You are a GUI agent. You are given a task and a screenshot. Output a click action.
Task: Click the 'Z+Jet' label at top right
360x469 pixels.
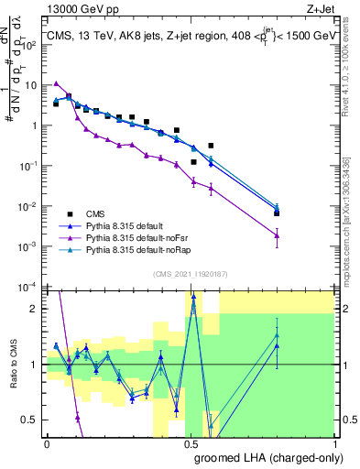(x=322, y=8)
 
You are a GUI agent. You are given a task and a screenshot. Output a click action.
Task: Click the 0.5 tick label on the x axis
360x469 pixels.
(x=191, y=444)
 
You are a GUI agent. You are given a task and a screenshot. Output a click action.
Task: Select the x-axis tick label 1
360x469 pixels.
(x=335, y=444)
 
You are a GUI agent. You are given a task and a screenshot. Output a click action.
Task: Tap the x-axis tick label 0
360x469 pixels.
(x=48, y=444)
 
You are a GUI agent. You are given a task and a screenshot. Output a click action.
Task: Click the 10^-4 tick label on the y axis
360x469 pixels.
(x=28, y=287)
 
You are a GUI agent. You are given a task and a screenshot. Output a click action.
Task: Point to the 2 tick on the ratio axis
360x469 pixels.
(x=36, y=309)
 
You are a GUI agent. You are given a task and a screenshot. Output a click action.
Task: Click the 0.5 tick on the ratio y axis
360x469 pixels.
(x=32, y=420)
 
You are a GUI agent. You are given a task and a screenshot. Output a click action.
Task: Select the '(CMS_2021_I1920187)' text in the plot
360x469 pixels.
(x=191, y=272)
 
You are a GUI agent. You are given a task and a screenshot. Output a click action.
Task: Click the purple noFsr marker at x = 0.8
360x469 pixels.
(x=278, y=236)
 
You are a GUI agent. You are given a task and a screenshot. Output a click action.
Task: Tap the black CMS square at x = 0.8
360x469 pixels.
(x=278, y=213)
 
